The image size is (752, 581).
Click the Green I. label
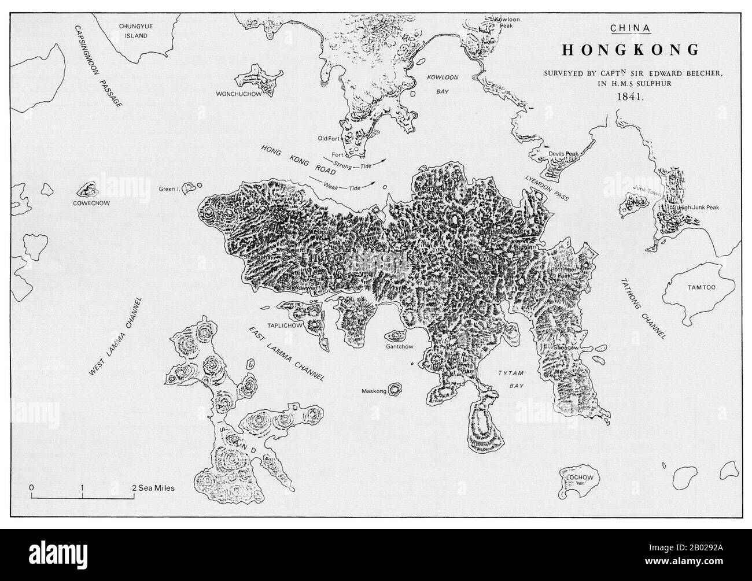[172, 189]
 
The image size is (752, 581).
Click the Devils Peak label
[567, 153]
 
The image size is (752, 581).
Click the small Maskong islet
[396, 389]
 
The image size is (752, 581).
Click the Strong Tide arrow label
[352, 165]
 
